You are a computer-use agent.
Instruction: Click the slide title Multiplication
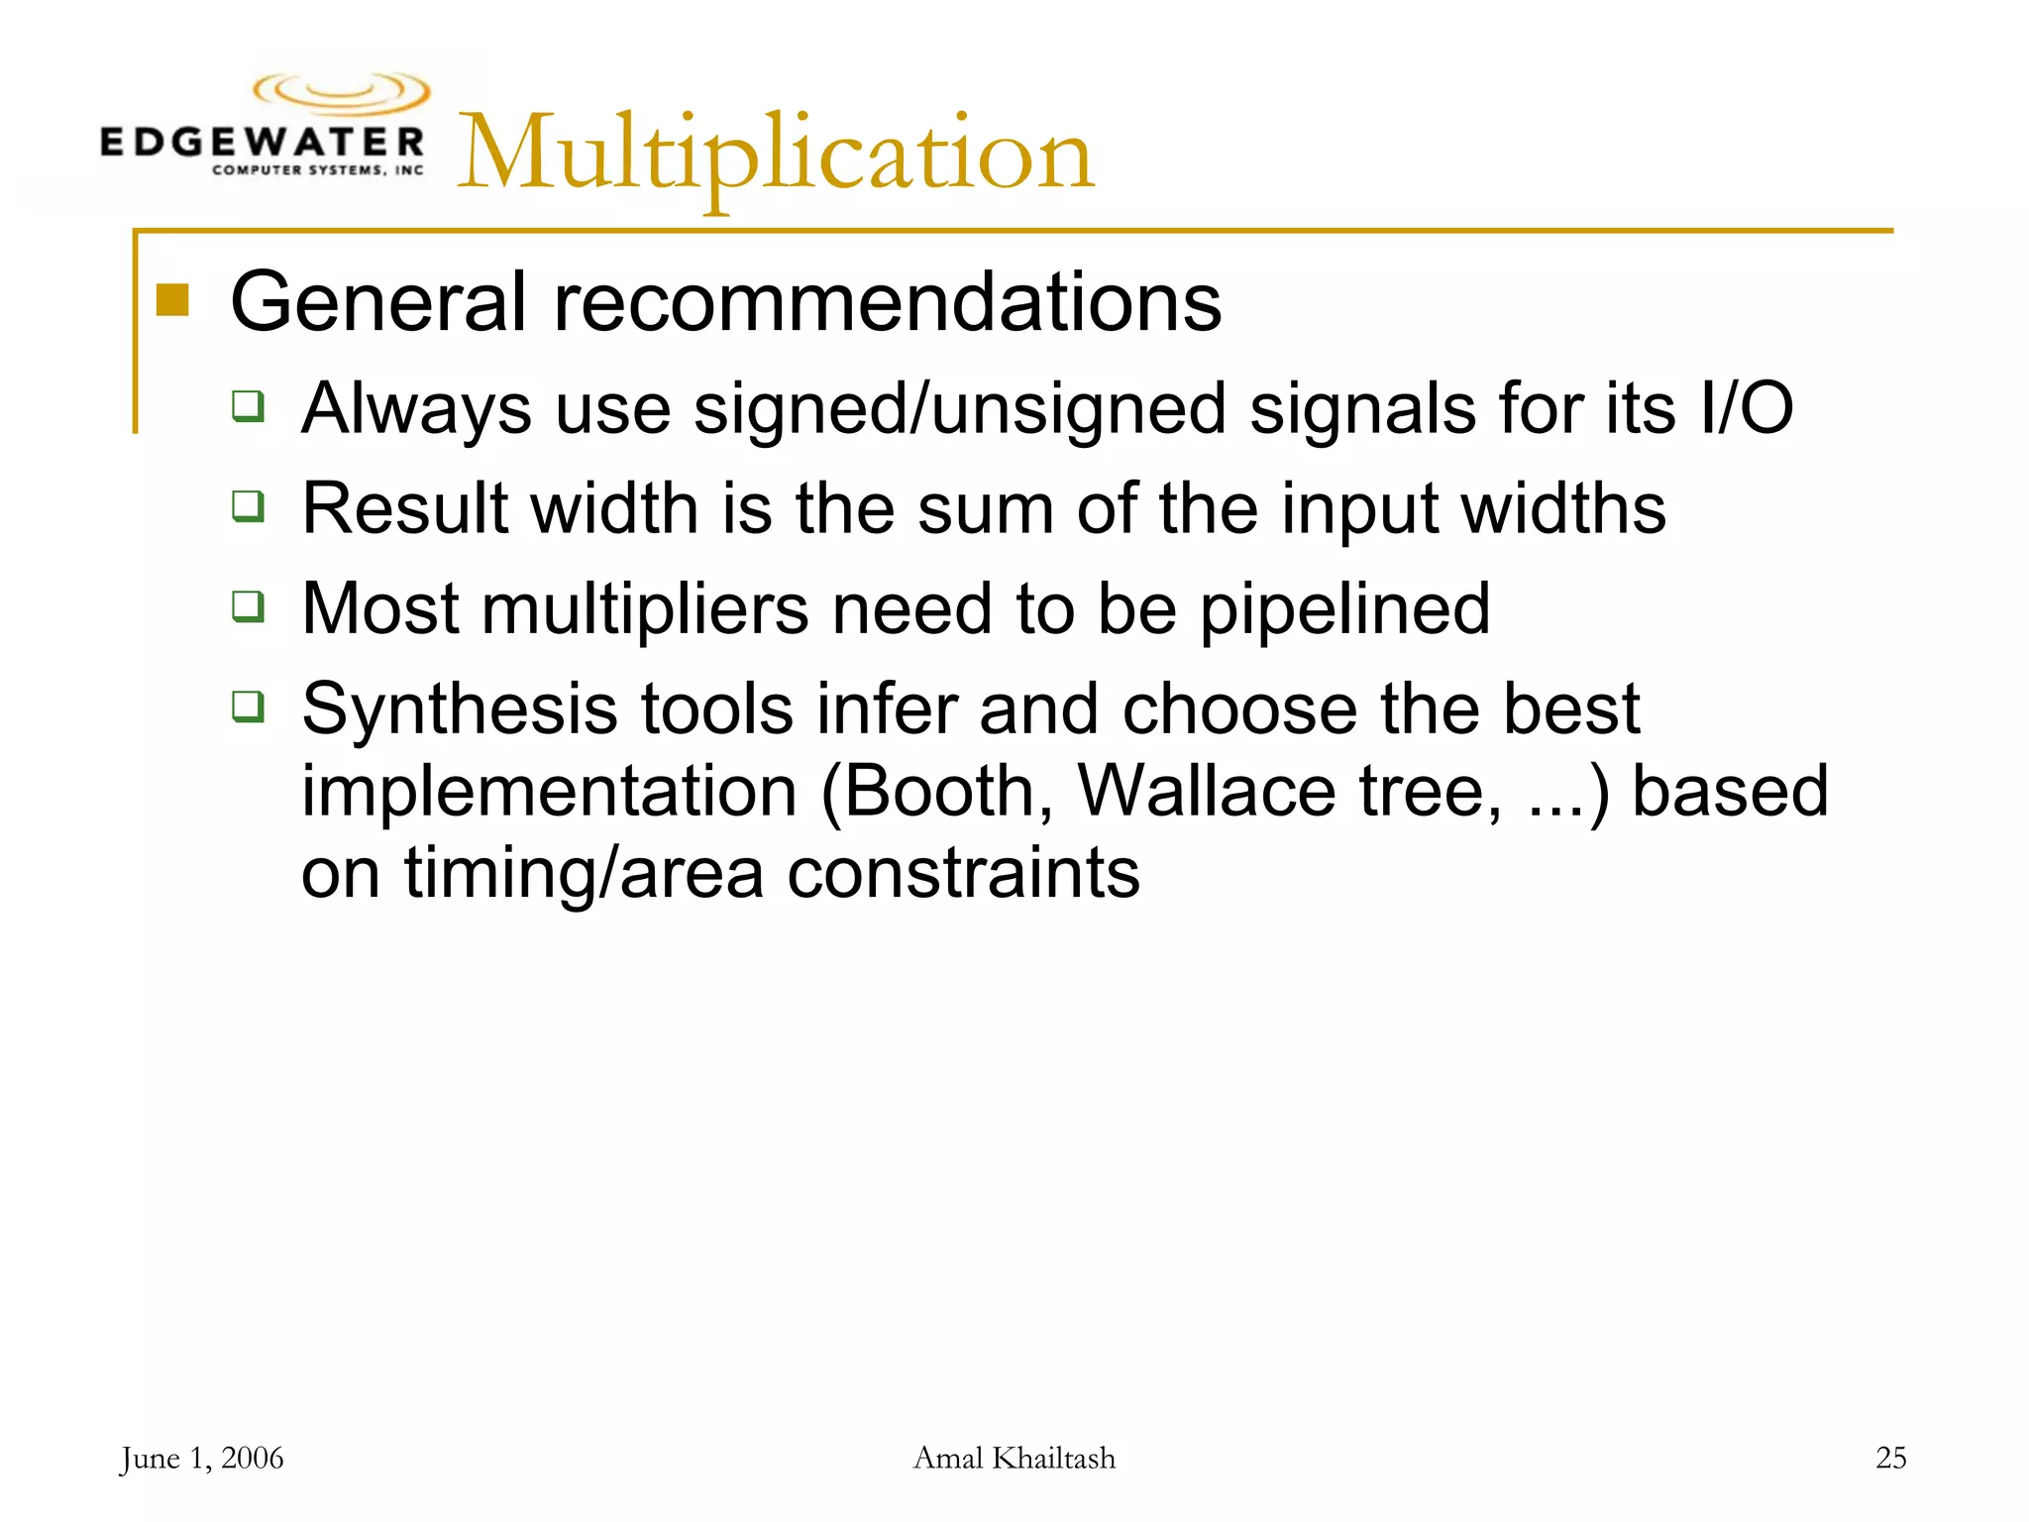[x=775, y=154]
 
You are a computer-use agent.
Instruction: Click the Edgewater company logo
[x=264, y=126]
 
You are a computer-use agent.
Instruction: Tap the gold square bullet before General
[x=172, y=299]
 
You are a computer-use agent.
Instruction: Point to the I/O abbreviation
[x=1745, y=408]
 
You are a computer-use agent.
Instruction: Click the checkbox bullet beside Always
[x=249, y=406]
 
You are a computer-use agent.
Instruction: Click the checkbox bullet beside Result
[x=249, y=506]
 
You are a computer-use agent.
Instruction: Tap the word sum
[x=985, y=508]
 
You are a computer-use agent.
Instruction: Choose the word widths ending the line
[x=1563, y=508]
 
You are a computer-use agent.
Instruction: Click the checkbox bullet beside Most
[x=249, y=605]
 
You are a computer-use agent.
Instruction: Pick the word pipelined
[x=1344, y=609]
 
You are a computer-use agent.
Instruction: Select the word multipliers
[x=645, y=609]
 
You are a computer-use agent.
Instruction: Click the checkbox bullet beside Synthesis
[x=249, y=707]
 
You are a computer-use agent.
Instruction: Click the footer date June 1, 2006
[x=202, y=1458]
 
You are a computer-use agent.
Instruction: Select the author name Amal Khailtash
[x=1014, y=1458]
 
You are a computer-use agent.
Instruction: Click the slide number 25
[x=1890, y=1458]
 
